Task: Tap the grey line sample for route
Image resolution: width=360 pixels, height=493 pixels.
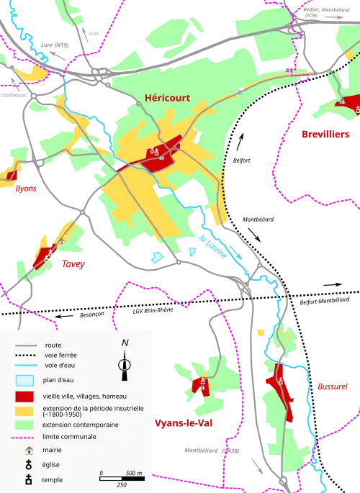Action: [x=26, y=345]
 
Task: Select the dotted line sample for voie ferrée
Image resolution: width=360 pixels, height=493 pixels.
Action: [x=26, y=356]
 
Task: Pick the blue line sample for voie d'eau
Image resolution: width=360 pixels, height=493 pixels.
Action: [x=26, y=365]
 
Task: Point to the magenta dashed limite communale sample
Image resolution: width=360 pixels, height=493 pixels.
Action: [x=26, y=437]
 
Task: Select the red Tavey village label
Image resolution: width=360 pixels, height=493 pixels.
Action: [x=72, y=264]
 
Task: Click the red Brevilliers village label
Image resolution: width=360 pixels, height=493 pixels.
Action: [x=324, y=132]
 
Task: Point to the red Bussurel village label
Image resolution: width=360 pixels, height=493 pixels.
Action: [x=332, y=386]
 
